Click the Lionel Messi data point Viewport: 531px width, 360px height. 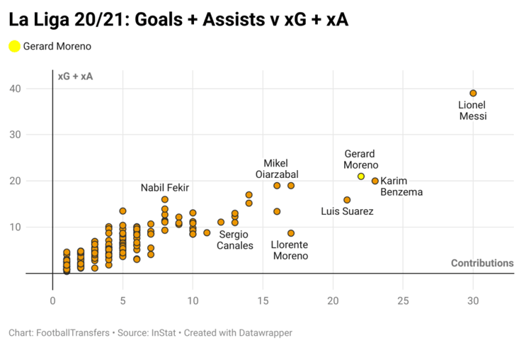(x=473, y=94)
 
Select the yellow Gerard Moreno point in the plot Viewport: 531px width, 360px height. (x=361, y=176)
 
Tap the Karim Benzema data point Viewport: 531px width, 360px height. (x=375, y=181)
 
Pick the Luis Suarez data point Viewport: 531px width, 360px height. (x=347, y=200)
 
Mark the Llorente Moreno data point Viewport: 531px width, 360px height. (x=291, y=233)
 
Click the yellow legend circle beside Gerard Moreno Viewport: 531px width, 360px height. (x=14, y=47)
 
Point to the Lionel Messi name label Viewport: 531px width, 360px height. (x=472, y=111)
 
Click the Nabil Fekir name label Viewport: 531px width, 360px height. (x=165, y=188)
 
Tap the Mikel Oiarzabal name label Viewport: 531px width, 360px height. (x=276, y=169)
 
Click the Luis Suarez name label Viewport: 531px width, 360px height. (x=347, y=211)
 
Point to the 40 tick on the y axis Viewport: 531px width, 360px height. (x=34, y=89)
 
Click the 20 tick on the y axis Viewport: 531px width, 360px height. (x=34, y=181)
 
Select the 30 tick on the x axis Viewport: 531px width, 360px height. (x=473, y=300)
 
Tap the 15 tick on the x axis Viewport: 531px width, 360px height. (x=263, y=300)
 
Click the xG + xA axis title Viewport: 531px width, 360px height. (x=75, y=77)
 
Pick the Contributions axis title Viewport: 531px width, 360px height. (x=482, y=264)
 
